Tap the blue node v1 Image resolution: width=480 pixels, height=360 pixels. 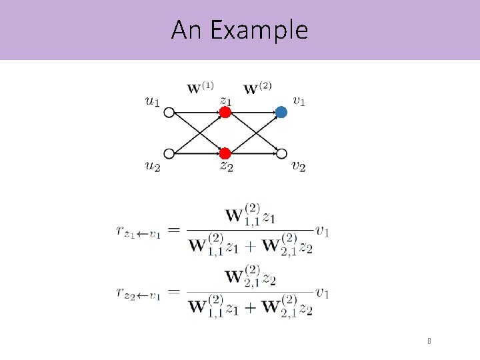tap(281, 113)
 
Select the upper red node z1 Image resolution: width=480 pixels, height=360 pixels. tap(225, 113)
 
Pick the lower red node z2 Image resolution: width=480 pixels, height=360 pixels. tap(225, 153)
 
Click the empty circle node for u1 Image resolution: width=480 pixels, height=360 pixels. tap(169, 113)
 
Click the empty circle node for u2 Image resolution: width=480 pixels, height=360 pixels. tap(169, 153)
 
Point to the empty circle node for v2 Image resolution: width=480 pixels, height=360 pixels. tap(281, 153)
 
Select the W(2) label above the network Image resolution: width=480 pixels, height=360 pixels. tap(257, 88)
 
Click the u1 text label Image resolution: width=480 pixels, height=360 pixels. tap(152, 101)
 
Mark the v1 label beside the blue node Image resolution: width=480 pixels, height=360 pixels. tap(299, 101)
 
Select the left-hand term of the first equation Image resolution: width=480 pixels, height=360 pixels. tap(138, 231)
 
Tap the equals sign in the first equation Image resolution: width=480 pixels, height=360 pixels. tap(173, 230)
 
